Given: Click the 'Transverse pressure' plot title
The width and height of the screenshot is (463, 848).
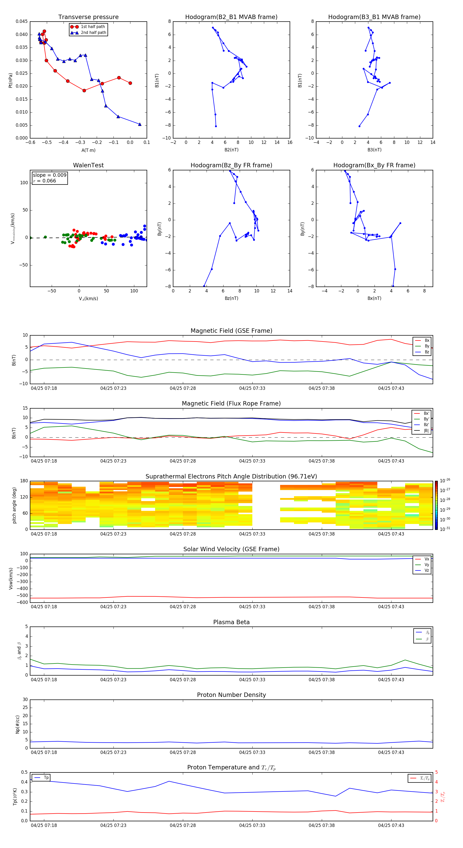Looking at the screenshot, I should tap(88, 17).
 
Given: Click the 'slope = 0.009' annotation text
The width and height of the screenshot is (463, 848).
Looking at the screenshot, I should tap(49, 175).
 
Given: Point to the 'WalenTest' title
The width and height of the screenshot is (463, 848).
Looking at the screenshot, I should tap(88, 165).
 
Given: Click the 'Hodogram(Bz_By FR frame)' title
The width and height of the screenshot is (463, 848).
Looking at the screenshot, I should tap(231, 165).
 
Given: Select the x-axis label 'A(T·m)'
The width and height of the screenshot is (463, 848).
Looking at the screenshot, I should tap(88, 150).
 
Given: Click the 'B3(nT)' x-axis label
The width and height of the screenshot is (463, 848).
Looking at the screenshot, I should tap(374, 150).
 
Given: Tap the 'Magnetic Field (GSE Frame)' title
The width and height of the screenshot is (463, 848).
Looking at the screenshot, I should tap(231, 331).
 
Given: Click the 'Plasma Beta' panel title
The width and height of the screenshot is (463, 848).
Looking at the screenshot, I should tap(231, 622).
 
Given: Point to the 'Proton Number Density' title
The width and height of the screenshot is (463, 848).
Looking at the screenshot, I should tap(231, 695).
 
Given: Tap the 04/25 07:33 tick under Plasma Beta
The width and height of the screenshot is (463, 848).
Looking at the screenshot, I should tap(252, 679).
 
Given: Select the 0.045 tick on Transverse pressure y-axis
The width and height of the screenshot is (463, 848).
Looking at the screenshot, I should tap(22, 22).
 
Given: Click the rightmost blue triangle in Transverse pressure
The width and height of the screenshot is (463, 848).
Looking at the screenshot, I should tap(140, 124).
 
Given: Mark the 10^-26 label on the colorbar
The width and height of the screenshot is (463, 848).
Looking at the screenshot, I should tap(445, 481).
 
